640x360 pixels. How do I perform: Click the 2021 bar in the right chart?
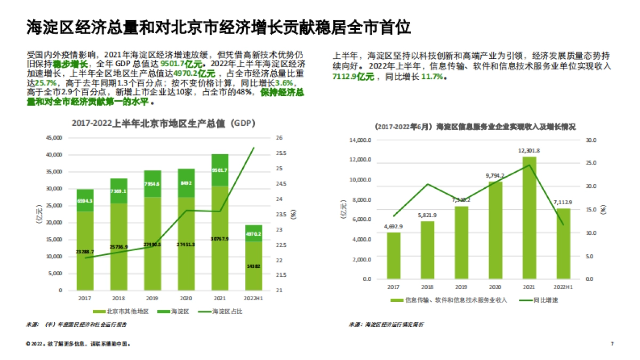tap(529, 218)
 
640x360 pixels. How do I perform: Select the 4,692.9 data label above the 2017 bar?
tap(394, 227)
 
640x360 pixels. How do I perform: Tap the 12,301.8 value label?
tap(529, 150)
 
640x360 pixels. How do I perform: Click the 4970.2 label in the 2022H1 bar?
tap(254, 234)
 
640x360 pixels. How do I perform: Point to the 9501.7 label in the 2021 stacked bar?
tap(220, 171)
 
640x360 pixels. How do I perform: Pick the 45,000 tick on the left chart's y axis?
tap(53, 138)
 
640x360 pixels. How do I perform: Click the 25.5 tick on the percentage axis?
tap(282, 154)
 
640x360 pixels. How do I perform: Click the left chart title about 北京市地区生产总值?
tap(163, 123)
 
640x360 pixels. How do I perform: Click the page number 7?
tap(612, 344)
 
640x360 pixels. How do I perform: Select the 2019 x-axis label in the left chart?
tap(153, 298)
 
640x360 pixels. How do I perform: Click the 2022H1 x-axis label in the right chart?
tap(563, 287)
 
